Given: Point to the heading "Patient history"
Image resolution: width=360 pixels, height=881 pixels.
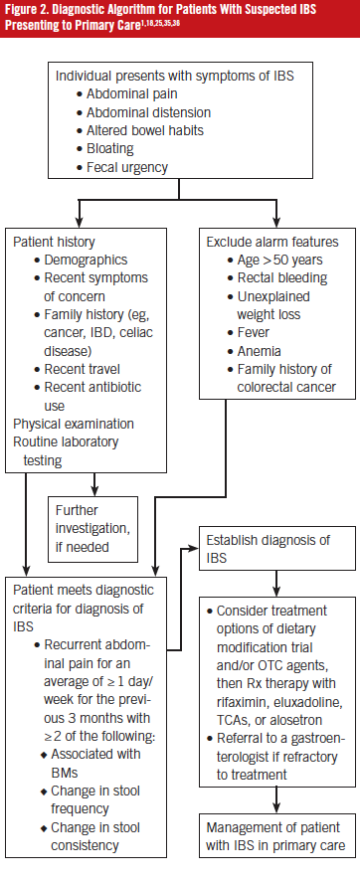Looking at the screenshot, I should pyautogui.click(x=56, y=242).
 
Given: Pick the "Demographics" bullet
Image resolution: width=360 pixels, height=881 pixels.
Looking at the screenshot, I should pyautogui.click(x=81, y=260).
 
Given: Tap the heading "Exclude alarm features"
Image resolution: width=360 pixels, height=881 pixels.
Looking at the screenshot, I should pyautogui.click(x=271, y=242).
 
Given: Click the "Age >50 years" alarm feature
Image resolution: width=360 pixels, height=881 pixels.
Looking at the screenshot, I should pyautogui.click(x=276, y=261).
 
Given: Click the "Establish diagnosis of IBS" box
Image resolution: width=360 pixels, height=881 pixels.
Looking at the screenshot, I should pyautogui.click(x=270, y=548).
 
